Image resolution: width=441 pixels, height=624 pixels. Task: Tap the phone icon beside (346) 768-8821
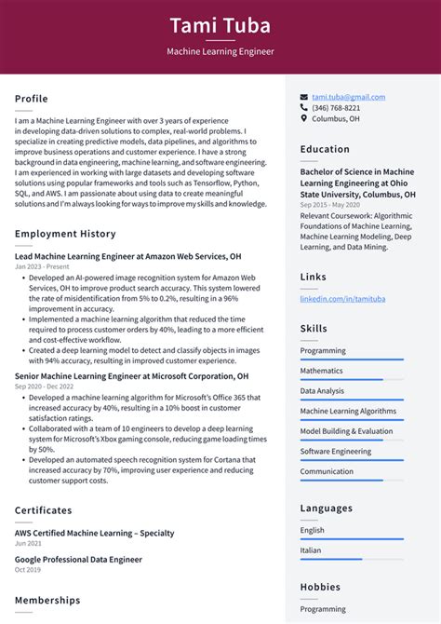pyautogui.click(x=304, y=108)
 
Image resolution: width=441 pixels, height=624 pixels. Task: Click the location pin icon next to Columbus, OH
pyautogui.click(x=304, y=119)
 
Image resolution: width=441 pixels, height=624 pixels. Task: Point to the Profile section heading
pyautogui.click(x=32, y=99)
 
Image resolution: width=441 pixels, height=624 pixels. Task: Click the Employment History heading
pyautogui.click(x=65, y=234)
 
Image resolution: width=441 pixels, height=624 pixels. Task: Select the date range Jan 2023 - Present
pyautogui.click(x=42, y=266)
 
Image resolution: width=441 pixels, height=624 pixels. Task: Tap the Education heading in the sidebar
pyautogui.click(x=325, y=149)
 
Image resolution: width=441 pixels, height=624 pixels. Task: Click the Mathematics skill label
pyautogui.click(x=321, y=371)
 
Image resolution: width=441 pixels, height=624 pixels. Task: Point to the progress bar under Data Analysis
pyautogui.click(x=352, y=400)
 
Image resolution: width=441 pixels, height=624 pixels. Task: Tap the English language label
pyautogui.click(x=313, y=530)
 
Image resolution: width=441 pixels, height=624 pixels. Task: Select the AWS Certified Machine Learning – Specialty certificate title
pyautogui.click(x=94, y=533)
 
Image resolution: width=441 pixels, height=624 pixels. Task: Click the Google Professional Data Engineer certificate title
pyautogui.click(x=78, y=560)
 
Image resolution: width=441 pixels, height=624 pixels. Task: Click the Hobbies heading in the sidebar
pyautogui.click(x=321, y=588)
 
